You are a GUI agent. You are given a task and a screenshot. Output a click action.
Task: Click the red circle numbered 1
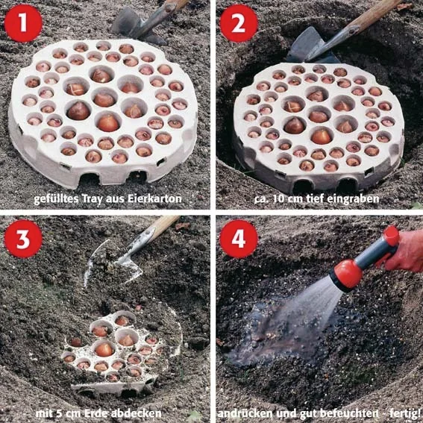23,23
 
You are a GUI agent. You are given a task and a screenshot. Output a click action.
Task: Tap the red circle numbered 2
239,23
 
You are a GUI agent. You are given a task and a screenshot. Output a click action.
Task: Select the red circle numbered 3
23,239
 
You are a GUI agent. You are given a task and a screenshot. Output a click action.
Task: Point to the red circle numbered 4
239,239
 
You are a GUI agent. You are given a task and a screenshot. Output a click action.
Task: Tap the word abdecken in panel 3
137,413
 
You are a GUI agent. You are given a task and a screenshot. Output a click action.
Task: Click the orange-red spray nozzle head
347,274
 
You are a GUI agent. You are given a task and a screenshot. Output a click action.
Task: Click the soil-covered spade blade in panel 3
113,263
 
